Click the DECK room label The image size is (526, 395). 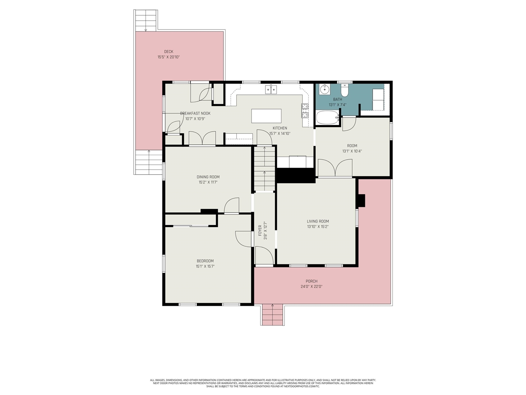point(168,52)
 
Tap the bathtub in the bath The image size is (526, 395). point(327,118)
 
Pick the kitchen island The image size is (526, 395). point(267,116)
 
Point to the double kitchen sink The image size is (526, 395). point(271,89)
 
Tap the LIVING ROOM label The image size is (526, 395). point(318,221)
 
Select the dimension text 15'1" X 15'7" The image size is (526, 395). point(205,266)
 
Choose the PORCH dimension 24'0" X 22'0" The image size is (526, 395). point(311,286)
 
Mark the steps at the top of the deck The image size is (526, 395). point(146,20)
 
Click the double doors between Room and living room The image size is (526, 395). point(335,168)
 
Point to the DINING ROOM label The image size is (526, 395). point(208,177)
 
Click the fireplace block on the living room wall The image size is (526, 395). point(360,200)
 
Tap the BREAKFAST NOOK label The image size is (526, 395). point(195,114)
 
